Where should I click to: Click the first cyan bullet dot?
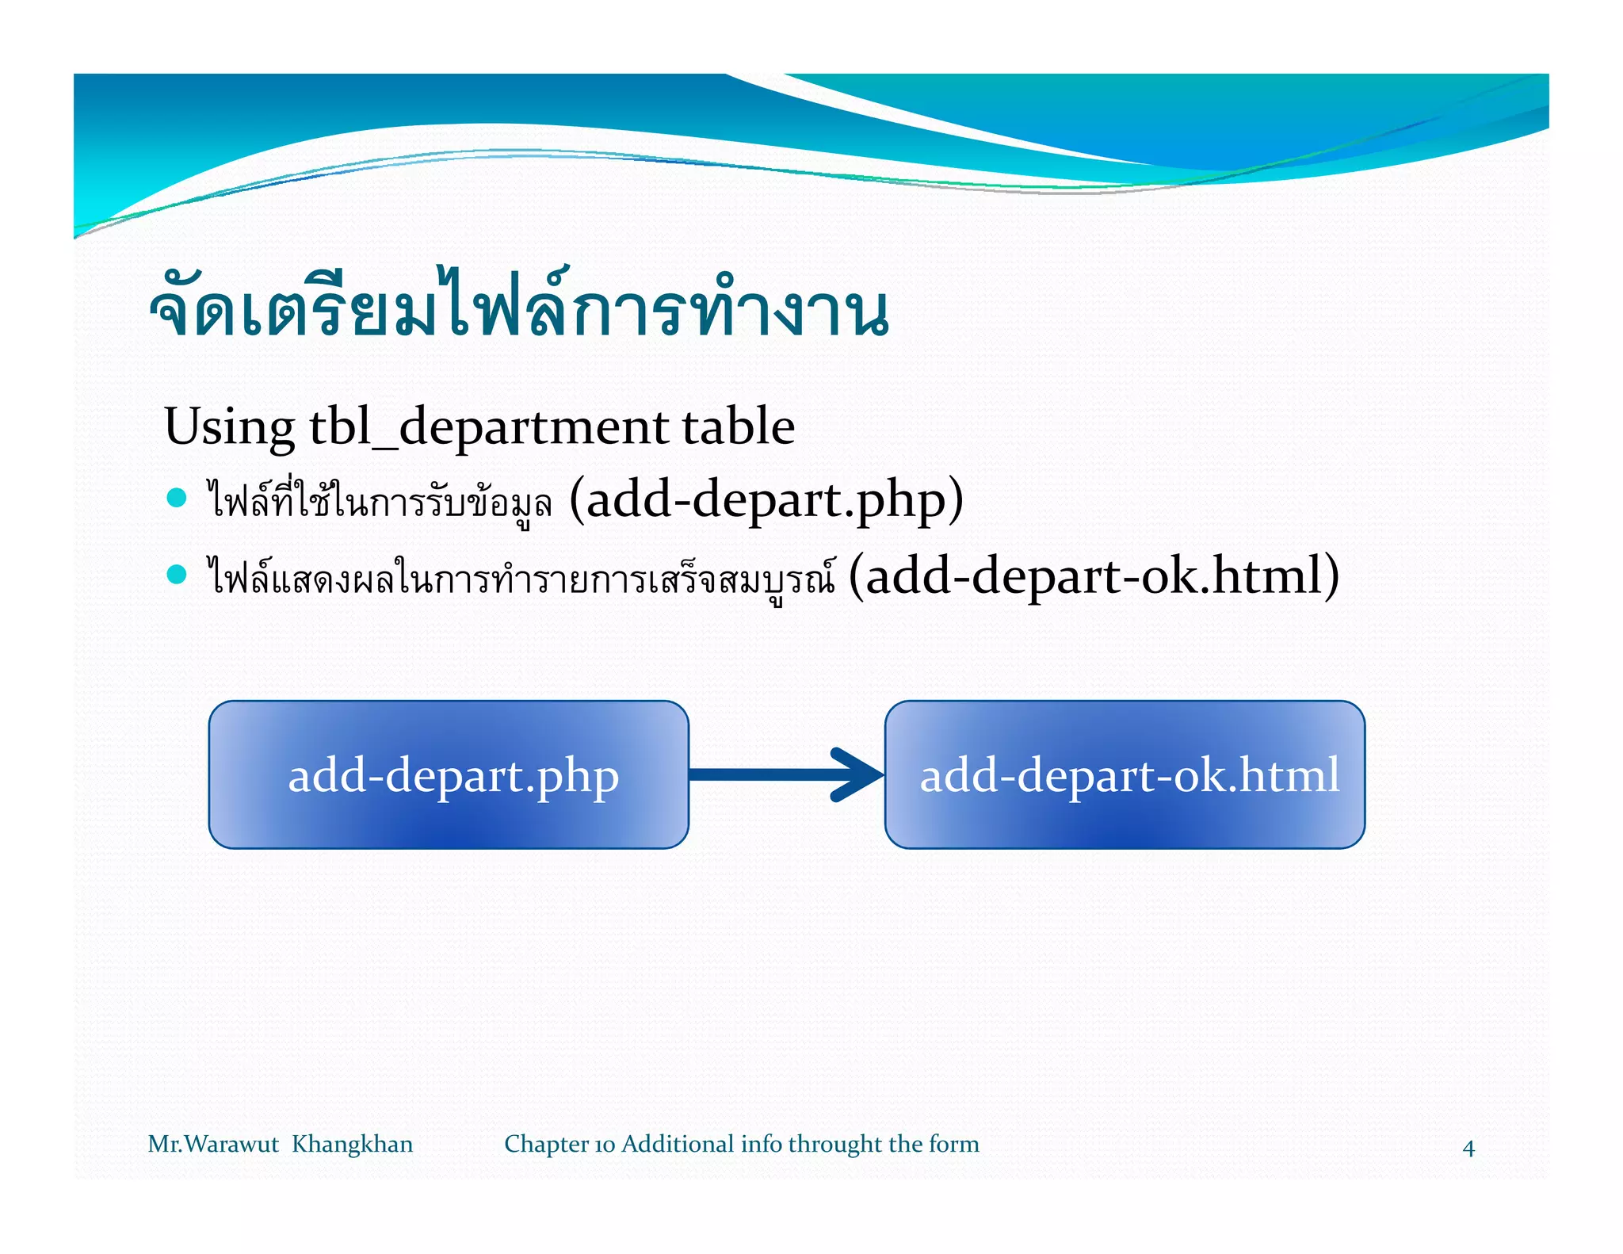pyautogui.click(x=177, y=498)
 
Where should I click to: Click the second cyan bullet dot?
pyautogui.click(x=177, y=575)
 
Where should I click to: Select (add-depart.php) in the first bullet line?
pyautogui.click(x=766, y=499)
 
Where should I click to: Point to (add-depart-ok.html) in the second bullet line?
pyautogui.click(x=1094, y=575)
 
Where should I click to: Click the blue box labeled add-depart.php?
pyautogui.click(x=449, y=774)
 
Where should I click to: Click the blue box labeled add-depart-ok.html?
pyautogui.click(x=1125, y=774)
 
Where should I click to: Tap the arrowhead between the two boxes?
pyautogui.click(x=857, y=774)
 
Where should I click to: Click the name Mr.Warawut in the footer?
pyautogui.click(x=212, y=1145)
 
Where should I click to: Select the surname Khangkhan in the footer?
pyautogui.click(x=352, y=1145)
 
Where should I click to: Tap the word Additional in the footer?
pyautogui.click(x=678, y=1145)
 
